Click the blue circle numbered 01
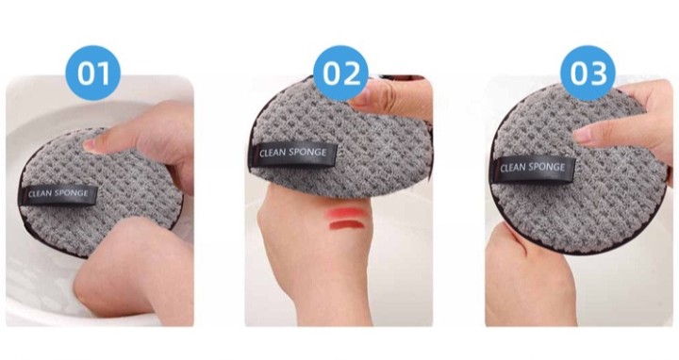(x=93, y=74)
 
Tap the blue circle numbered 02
(x=340, y=74)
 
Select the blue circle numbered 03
(x=588, y=74)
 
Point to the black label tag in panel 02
(x=292, y=154)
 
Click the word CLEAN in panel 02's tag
(x=273, y=154)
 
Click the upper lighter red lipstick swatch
(x=345, y=213)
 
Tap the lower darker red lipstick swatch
(x=345, y=225)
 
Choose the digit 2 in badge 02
(x=351, y=74)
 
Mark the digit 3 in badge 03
(x=599, y=74)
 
